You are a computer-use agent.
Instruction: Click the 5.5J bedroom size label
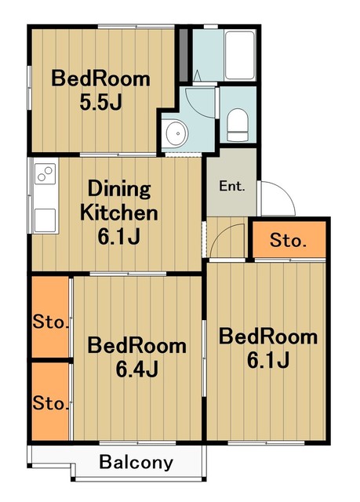(x=101, y=103)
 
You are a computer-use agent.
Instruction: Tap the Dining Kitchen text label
(x=118, y=201)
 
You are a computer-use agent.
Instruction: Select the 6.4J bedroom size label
(x=136, y=369)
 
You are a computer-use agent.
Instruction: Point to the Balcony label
(x=136, y=462)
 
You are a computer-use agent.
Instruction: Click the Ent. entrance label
(x=232, y=186)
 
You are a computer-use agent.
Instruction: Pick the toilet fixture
(x=238, y=125)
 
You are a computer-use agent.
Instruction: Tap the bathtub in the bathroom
(x=240, y=56)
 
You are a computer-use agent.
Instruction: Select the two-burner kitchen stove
(x=45, y=173)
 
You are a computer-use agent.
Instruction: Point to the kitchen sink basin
(x=45, y=220)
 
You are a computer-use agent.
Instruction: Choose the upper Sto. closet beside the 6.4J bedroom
(x=50, y=317)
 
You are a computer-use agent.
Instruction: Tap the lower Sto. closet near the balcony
(x=50, y=402)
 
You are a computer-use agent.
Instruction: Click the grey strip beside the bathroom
(x=183, y=55)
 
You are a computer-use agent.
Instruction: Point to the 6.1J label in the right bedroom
(x=268, y=360)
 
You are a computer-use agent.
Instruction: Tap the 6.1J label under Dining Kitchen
(x=118, y=237)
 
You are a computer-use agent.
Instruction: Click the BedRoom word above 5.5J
(x=100, y=78)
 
